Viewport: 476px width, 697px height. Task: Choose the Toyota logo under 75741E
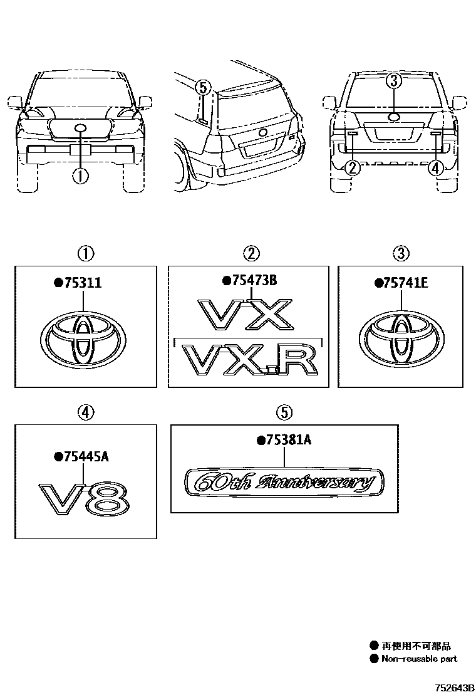click(x=400, y=338)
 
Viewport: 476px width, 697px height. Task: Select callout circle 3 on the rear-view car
click(x=393, y=80)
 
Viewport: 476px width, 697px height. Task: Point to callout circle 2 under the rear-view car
click(x=353, y=167)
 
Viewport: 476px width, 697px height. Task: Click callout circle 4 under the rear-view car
click(x=436, y=167)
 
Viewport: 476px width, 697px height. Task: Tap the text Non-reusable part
click(x=419, y=659)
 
